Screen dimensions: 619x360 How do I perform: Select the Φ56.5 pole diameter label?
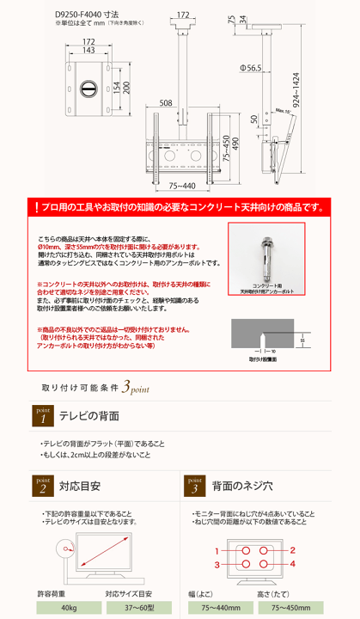[x=251, y=67]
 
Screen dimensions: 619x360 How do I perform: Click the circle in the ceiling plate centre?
[x=88, y=88]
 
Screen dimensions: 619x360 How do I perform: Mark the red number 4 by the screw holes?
[x=292, y=563]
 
